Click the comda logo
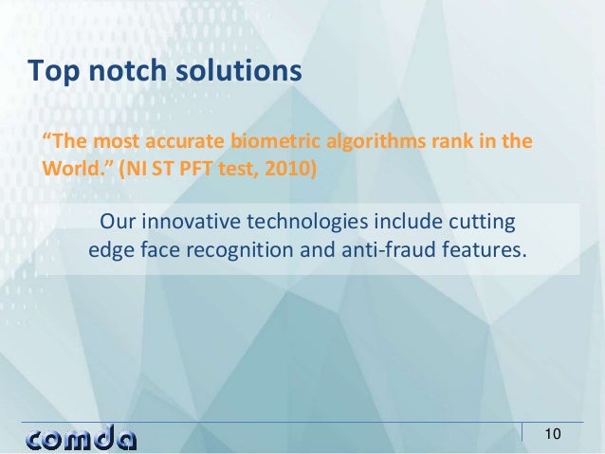point(82,437)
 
